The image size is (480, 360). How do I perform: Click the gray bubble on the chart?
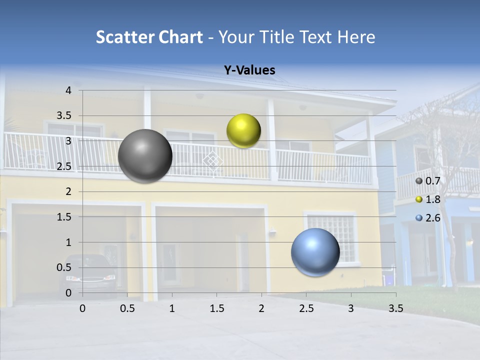(145, 156)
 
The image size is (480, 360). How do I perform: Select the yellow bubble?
(243, 130)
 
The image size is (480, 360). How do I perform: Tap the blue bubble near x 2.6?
(315, 252)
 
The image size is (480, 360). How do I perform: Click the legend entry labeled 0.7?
(428, 181)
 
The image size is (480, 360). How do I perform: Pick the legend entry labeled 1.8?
(428, 199)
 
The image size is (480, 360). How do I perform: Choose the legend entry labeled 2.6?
(428, 218)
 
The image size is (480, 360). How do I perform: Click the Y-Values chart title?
(249, 70)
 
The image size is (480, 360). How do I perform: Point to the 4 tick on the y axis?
(68, 90)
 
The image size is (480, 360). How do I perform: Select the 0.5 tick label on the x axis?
(127, 308)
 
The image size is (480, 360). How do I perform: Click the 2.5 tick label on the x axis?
(306, 308)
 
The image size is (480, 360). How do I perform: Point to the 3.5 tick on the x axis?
(395, 308)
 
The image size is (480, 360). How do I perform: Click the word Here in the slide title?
(356, 37)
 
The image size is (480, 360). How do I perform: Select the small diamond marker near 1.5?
(213, 160)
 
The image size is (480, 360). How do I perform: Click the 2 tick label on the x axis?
(261, 308)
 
